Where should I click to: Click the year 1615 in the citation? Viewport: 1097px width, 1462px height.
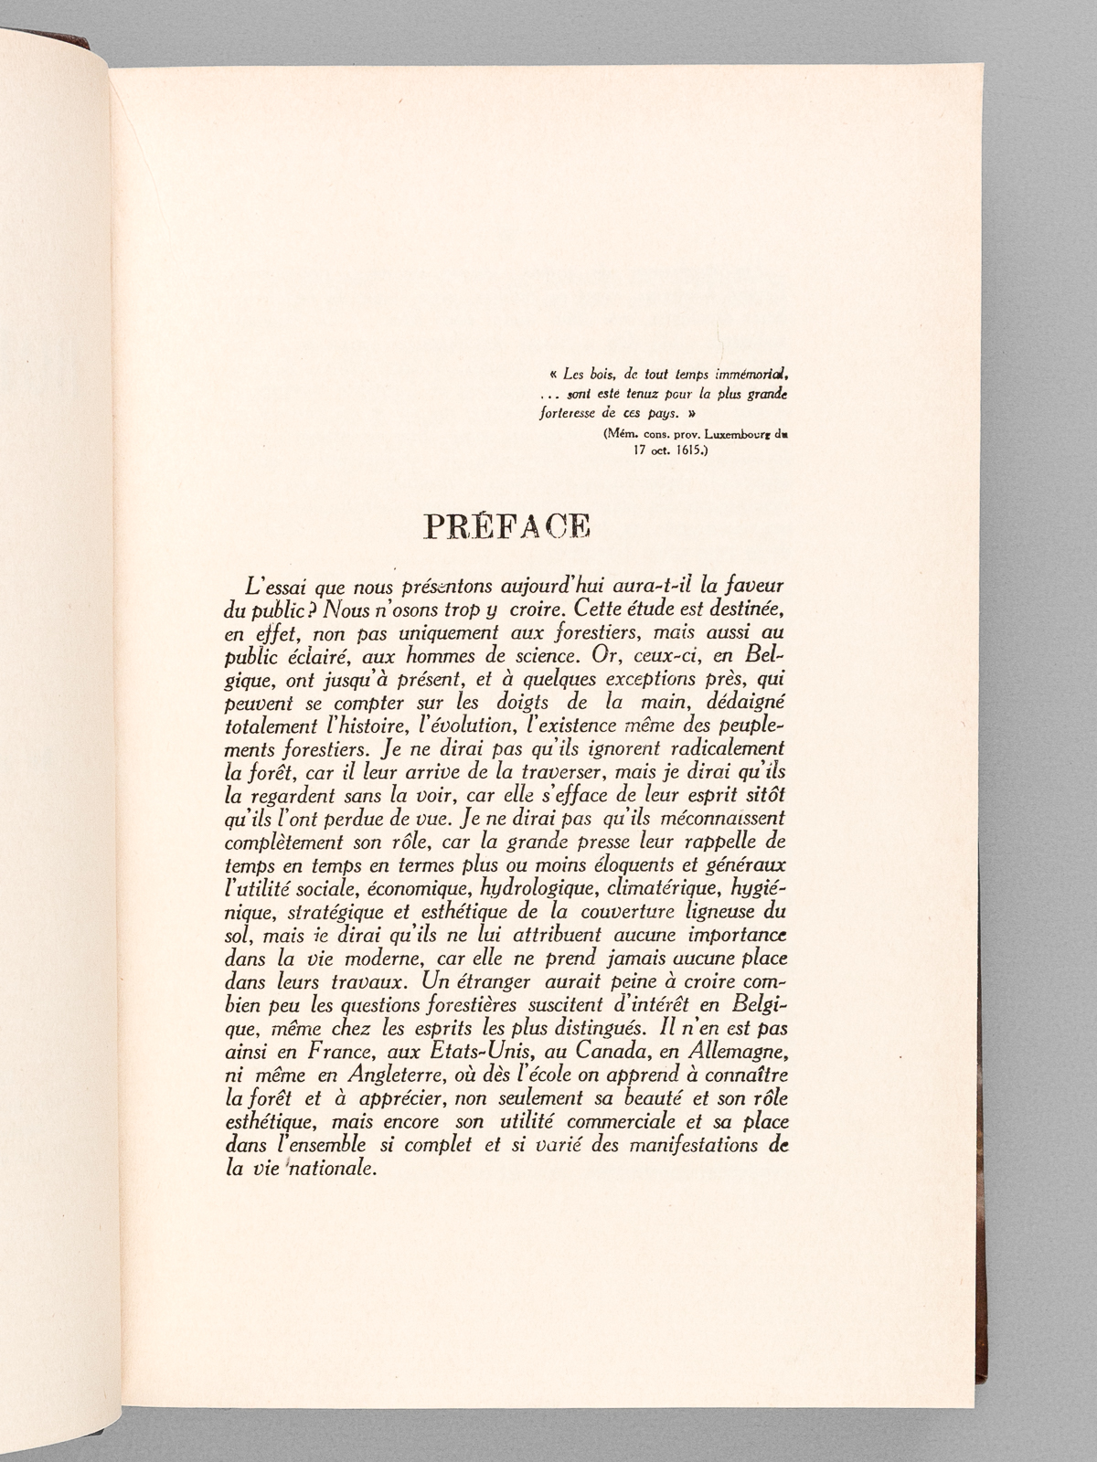pos(681,450)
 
